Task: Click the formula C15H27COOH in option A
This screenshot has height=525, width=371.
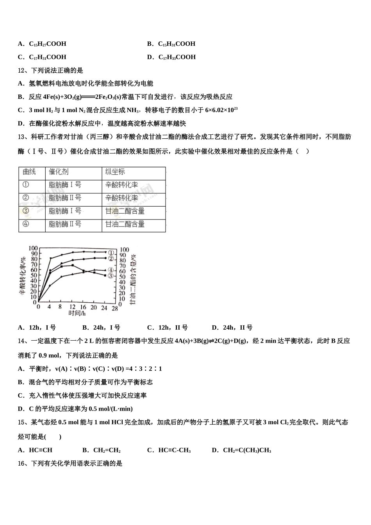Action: point(48,44)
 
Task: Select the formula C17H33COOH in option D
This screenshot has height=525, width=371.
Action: point(177,57)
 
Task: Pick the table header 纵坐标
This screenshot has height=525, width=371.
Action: point(115,172)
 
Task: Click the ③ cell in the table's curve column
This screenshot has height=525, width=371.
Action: point(26,211)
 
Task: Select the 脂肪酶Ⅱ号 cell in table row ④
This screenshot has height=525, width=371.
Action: point(65,224)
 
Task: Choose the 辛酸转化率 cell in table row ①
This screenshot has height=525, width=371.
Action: point(121,185)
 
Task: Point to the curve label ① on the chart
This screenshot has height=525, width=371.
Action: point(111,253)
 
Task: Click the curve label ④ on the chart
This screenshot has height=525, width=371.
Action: point(111,270)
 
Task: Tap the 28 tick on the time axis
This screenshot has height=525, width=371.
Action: point(114,307)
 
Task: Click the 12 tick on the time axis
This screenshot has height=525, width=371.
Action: point(72,307)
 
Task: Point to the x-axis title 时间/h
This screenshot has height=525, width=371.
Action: point(77,313)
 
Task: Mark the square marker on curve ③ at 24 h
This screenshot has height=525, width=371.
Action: point(105,275)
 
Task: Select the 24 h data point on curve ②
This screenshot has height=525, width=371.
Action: point(105,258)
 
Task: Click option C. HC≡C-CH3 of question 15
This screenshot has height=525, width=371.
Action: point(169,450)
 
